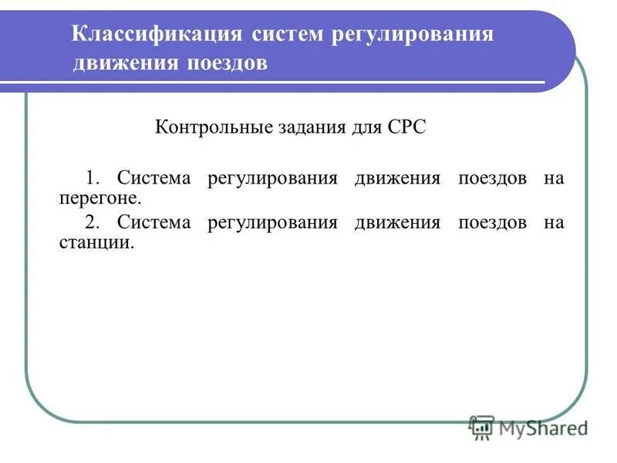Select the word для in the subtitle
coord(359,127)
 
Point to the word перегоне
coord(101,198)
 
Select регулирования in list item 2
coord(272,223)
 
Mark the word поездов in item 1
coord(493,178)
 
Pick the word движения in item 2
coord(397,223)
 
